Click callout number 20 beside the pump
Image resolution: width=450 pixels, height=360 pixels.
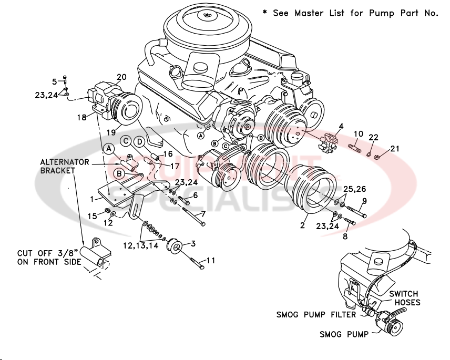point(121,77)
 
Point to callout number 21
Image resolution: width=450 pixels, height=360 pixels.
point(394,149)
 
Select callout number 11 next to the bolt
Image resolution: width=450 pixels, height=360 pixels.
point(210,260)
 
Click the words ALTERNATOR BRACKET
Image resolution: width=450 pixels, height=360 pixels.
point(65,167)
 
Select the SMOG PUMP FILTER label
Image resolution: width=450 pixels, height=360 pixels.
point(316,315)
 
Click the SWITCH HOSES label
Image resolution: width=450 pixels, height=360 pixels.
point(404,298)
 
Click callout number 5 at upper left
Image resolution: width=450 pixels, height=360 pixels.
point(54,81)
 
